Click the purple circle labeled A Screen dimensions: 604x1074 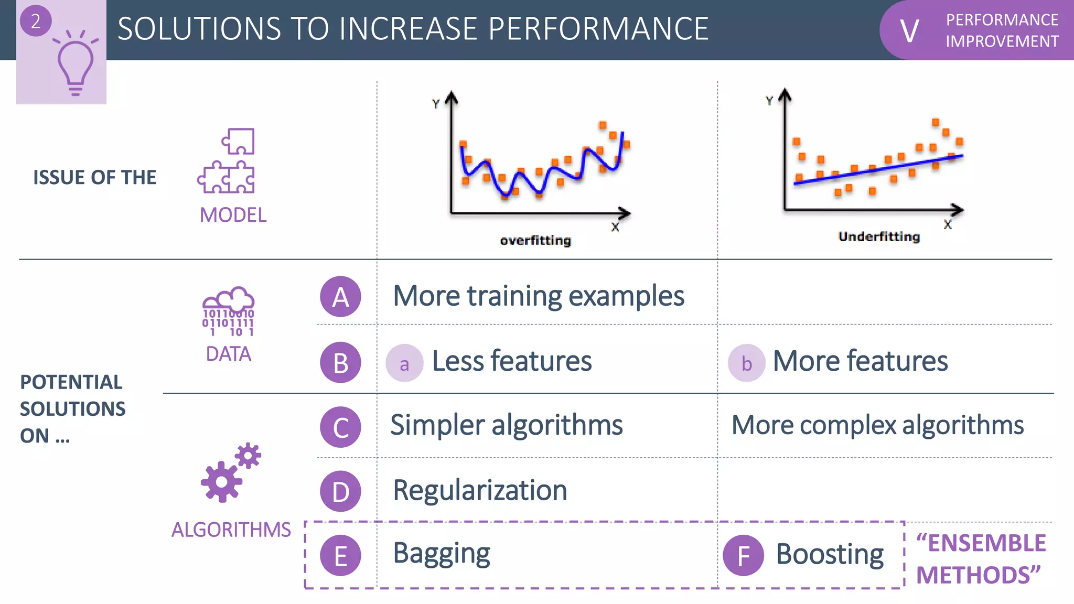(x=340, y=297)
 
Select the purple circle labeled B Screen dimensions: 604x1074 (x=340, y=363)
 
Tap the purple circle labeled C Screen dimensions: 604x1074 (x=340, y=427)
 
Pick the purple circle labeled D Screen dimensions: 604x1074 (x=340, y=492)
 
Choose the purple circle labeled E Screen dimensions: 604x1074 (x=340, y=556)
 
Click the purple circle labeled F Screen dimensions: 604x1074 (x=743, y=556)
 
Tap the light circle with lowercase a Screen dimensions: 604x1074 (x=404, y=363)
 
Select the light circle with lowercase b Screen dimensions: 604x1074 (x=746, y=363)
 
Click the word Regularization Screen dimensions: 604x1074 (x=480, y=491)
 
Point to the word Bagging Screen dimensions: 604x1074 (x=442, y=554)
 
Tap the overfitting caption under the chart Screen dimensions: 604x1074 (x=535, y=241)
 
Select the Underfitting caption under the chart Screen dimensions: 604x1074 (x=879, y=237)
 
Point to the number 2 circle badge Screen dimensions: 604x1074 (x=36, y=21)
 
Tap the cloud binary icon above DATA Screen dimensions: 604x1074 (x=229, y=311)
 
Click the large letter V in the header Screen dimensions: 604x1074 (x=909, y=31)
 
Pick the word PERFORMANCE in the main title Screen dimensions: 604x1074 (x=598, y=29)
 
